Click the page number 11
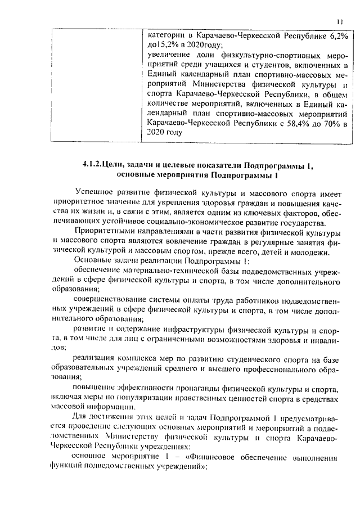click(x=339, y=21)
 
